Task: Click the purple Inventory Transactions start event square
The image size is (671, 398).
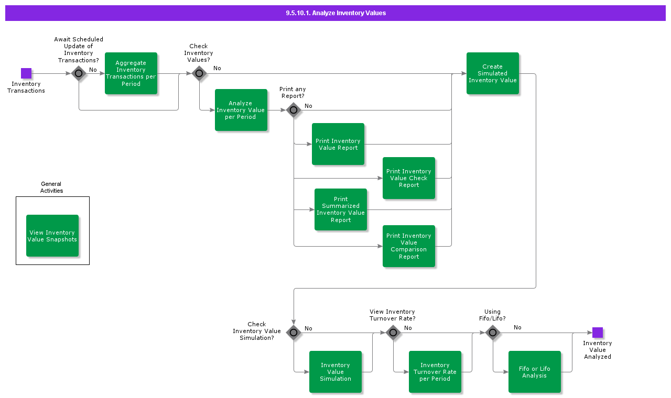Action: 26,73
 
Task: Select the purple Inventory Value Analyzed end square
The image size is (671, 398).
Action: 598,333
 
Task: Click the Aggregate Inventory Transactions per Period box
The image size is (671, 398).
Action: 131,73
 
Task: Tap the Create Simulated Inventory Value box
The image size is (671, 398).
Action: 493,73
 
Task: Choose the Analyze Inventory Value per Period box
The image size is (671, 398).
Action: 241,110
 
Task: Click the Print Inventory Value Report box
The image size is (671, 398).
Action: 338,144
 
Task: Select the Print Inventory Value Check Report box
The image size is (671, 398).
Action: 409,178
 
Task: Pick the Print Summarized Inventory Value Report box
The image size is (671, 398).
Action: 341,209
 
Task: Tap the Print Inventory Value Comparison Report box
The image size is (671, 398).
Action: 409,246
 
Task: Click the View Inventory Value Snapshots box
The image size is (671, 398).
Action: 52,236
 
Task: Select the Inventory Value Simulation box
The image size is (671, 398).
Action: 335,372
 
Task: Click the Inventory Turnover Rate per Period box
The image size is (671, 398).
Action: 435,372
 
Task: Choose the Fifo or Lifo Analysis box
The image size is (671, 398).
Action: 535,372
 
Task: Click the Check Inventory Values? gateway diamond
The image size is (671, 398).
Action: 199,73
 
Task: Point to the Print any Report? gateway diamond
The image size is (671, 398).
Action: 294,110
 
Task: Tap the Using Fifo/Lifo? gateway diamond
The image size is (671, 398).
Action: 493,333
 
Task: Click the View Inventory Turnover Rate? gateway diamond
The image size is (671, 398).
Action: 393,333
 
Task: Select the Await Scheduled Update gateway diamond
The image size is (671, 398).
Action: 79,73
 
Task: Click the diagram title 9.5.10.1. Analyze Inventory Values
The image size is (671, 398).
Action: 335,13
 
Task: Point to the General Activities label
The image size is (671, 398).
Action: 51,187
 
